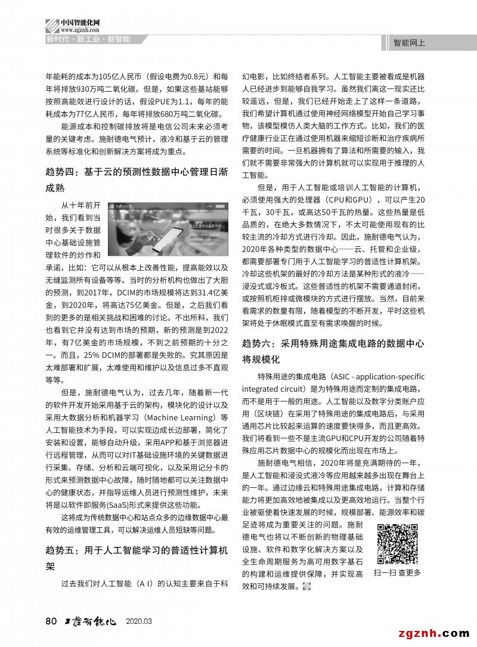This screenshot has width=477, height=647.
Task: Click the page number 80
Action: [x=51, y=621]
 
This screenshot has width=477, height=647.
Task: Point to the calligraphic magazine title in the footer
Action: [x=89, y=621]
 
